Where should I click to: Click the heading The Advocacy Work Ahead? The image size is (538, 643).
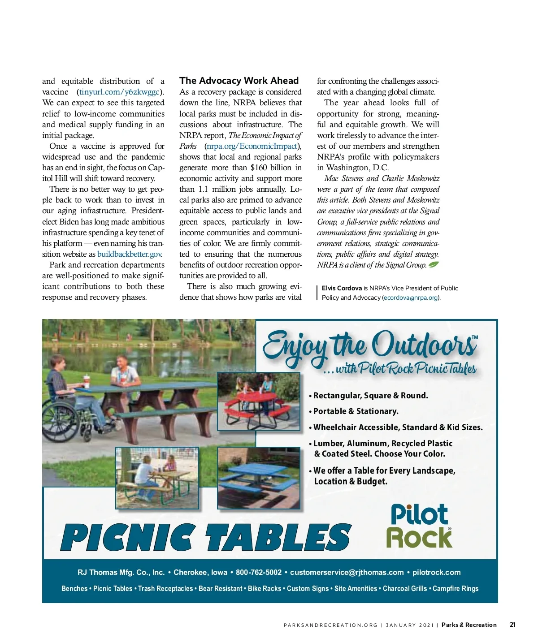[239, 81]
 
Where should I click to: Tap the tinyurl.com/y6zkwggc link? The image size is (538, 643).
[119, 92]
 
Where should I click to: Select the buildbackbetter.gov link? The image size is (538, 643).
[129, 254]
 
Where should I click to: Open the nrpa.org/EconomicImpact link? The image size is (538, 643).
[252, 146]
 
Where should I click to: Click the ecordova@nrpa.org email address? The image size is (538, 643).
[411, 298]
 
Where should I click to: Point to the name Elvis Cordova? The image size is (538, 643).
[342, 288]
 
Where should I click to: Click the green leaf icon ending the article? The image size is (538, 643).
[434, 264]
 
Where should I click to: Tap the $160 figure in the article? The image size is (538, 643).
[258, 168]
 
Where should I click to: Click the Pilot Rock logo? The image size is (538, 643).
[419, 526]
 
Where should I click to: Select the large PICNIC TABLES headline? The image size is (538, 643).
[205, 537]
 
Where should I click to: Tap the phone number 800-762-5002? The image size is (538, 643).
[259, 572]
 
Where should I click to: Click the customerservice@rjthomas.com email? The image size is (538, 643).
[347, 572]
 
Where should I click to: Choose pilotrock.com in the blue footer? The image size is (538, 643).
[436, 572]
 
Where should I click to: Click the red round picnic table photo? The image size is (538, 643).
[259, 401]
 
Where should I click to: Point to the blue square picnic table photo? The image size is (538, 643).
[259, 478]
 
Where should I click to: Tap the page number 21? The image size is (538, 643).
[512, 625]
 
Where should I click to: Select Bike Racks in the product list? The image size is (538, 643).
[265, 588]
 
